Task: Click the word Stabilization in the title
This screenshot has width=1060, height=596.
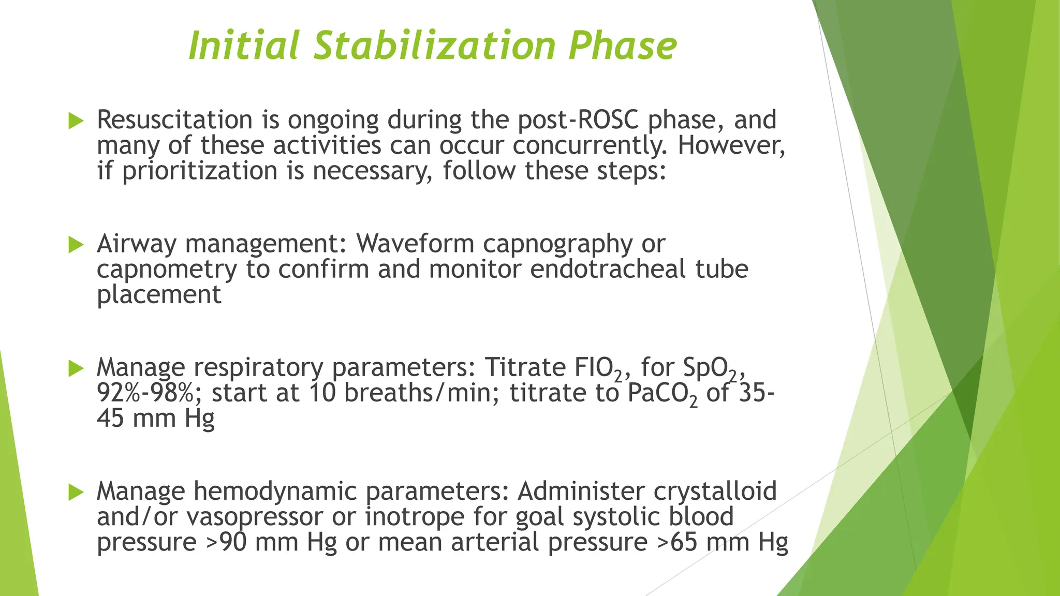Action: (435, 46)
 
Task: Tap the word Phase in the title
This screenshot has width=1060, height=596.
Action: (622, 46)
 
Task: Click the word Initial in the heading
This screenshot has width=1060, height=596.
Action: (244, 46)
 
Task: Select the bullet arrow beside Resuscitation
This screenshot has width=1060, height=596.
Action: (76, 122)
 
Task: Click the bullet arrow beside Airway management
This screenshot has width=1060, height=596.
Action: (76, 245)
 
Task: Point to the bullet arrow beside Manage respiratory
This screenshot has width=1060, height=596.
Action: (76, 369)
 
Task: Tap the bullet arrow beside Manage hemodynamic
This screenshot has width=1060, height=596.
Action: (76, 493)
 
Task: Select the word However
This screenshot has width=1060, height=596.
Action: (731, 145)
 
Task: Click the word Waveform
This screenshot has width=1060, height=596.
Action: (415, 244)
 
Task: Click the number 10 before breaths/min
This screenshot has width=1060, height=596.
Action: (322, 393)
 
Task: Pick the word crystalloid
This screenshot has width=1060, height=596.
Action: (715, 491)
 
